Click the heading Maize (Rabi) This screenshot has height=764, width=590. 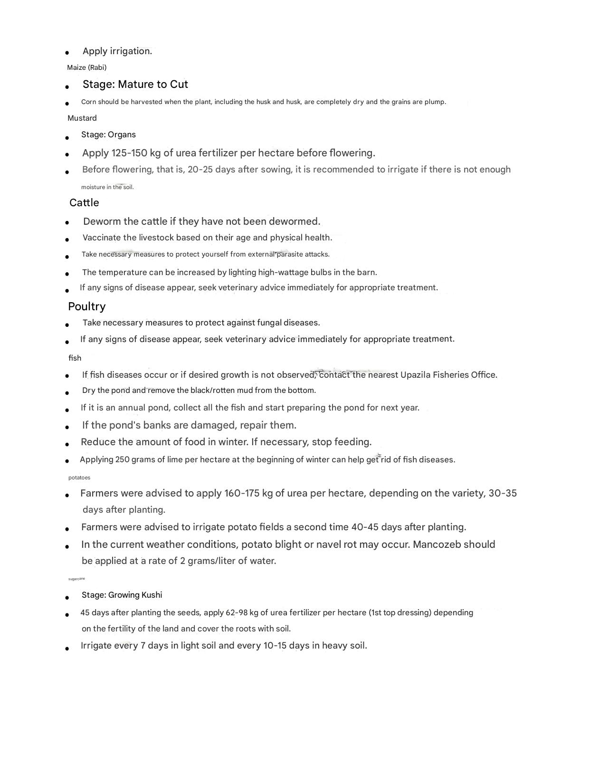coord(86,67)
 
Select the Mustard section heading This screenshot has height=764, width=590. coord(82,118)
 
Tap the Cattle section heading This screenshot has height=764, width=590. coord(84,203)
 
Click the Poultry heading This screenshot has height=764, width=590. coord(86,306)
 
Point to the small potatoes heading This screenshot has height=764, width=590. coord(79,477)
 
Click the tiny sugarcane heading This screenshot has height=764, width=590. coord(76,579)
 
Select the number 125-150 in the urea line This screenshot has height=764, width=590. coord(129,153)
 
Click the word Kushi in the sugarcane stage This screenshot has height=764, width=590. coord(152,595)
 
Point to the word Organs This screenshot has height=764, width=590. coord(122,134)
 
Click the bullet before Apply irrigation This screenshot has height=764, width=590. coord(67,53)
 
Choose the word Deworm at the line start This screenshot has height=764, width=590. coord(102,221)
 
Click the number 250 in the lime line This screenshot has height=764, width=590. coord(122,459)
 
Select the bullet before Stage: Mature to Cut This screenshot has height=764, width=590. coord(67,86)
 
